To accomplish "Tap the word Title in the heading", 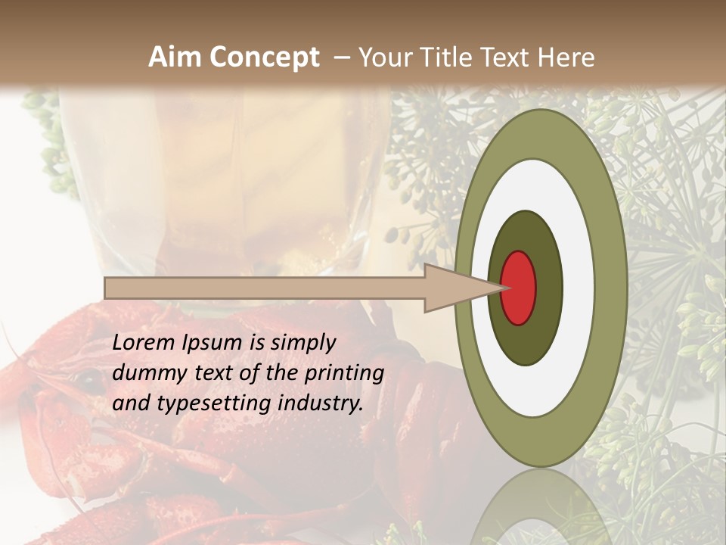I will click(448, 58).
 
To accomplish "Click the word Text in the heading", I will click(507, 58).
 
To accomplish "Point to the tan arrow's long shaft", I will click(265, 288).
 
